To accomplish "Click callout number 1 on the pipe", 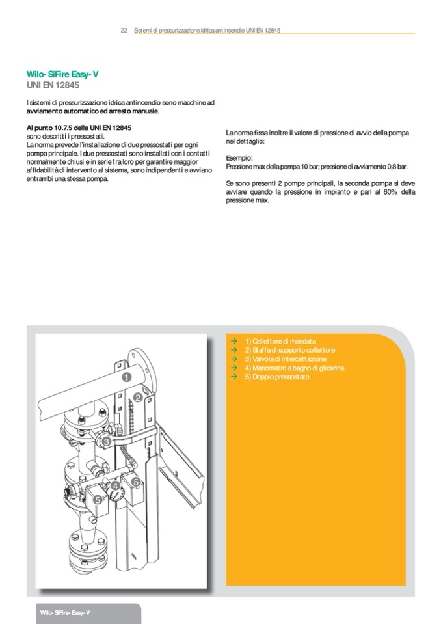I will (x=126, y=376).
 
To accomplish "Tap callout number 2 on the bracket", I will (x=138, y=396).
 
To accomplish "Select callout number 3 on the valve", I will (x=105, y=442).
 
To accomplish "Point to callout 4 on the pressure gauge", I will (x=114, y=485).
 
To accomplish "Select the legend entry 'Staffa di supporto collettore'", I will (x=290, y=350).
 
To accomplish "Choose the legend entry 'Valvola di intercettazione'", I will (x=286, y=359).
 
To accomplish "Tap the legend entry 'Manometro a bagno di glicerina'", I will (x=295, y=368).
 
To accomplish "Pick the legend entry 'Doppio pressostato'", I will (x=277, y=377).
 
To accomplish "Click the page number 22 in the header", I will (x=124, y=31).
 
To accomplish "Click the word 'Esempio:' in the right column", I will (x=239, y=158).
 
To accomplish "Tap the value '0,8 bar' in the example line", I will (x=394, y=167).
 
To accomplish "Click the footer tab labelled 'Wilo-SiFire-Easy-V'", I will (x=64, y=614).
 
